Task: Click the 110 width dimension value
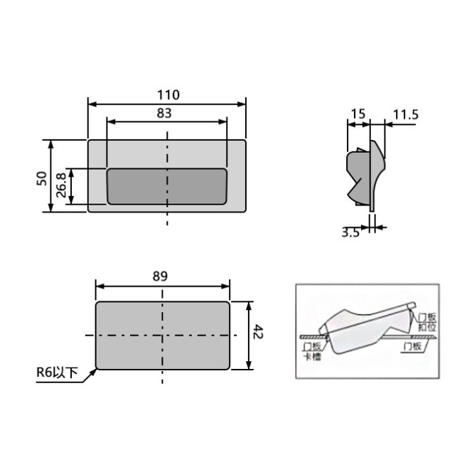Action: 167,95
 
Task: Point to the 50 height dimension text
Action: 41,177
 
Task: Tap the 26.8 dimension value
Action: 60,186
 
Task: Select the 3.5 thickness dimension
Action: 349,232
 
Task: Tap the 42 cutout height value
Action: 259,335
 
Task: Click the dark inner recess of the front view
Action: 167,186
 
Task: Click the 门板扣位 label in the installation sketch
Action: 428,321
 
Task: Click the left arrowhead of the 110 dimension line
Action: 90,104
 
